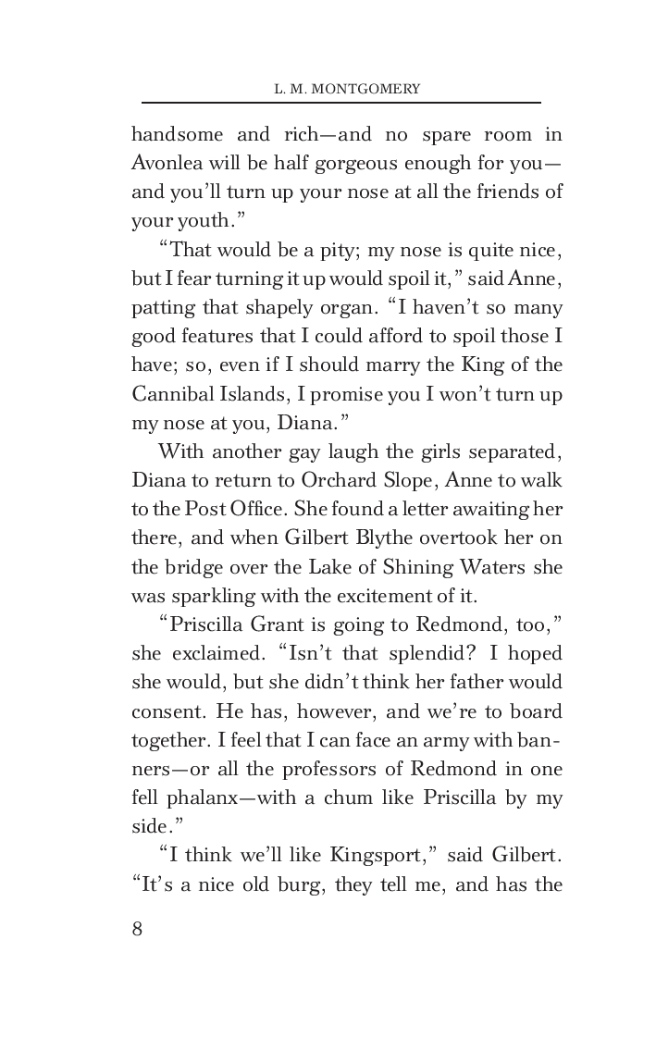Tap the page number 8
click(x=138, y=904)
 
